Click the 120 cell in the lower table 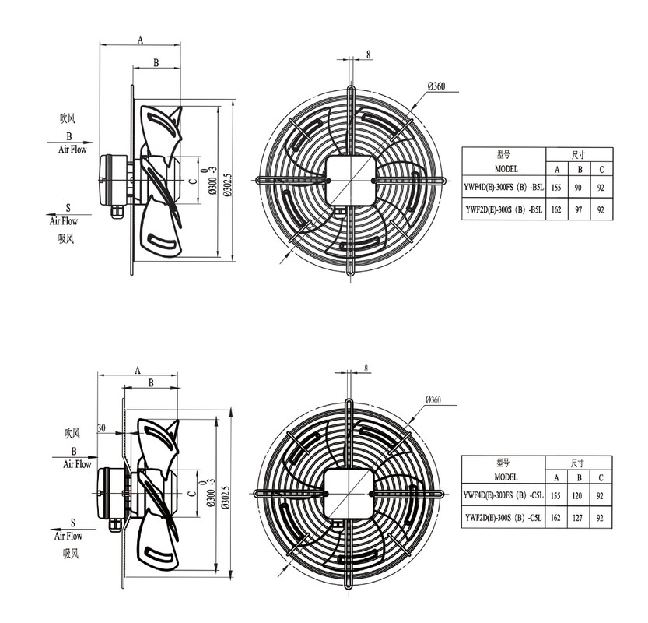tap(577, 495)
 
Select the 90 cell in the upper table tap(578, 188)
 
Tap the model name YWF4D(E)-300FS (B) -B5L tap(503, 188)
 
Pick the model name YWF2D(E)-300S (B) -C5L tap(503, 517)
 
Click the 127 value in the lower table tap(577, 518)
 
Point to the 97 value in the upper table tap(578, 209)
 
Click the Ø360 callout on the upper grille tap(436, 86)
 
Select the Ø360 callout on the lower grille tap(433, 399)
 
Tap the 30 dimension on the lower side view tap(101, 428)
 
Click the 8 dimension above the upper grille tap(368, 54)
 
